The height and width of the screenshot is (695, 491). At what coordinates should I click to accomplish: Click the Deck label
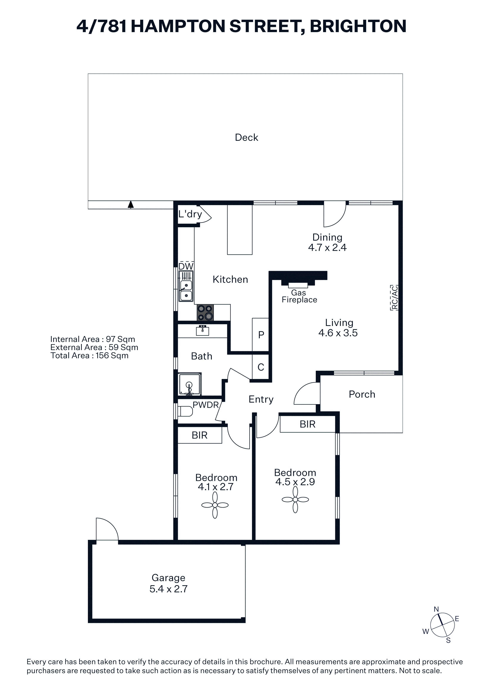[x=246, y=137]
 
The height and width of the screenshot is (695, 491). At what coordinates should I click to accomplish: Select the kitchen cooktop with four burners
[x=205, y=312]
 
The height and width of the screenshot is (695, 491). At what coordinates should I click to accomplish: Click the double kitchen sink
[x=186, y=290]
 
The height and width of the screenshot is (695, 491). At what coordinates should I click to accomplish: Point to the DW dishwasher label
[x=186, y=266]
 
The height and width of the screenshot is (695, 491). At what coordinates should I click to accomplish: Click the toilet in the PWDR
[x=185, y=411]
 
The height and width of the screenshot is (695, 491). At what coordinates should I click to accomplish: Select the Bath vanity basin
[x=202, y=330]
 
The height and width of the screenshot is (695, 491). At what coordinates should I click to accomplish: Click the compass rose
[x=442, y=625]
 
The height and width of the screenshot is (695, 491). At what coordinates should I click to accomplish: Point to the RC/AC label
[x=394, y=298]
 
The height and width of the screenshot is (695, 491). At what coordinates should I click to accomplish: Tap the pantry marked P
[x=261, y=335]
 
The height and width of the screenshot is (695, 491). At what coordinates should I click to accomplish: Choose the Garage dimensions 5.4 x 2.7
[x=168, y=589]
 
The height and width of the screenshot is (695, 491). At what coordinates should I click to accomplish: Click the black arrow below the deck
[x=131, y=205]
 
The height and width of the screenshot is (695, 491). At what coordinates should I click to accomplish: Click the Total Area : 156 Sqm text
[x=89, y=355]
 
